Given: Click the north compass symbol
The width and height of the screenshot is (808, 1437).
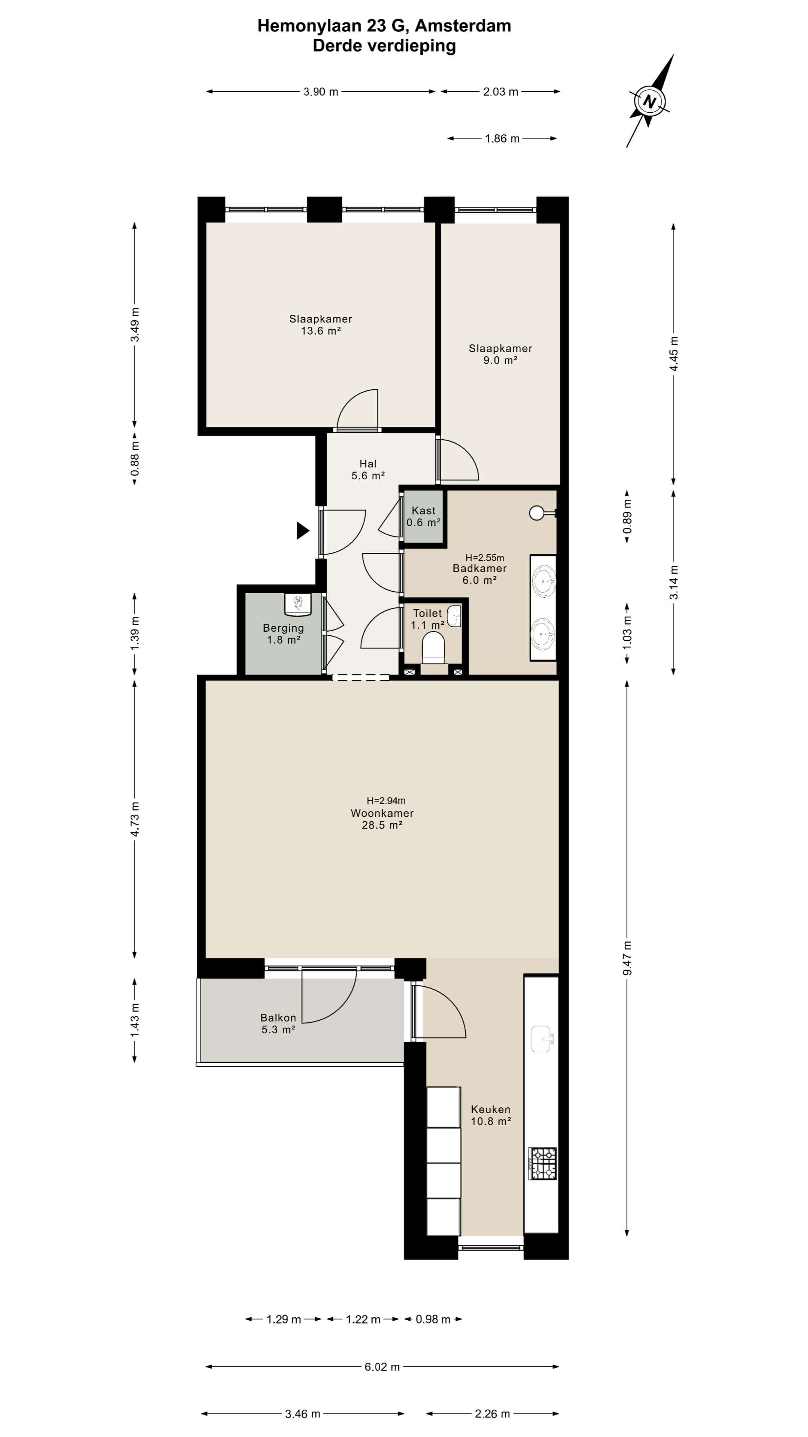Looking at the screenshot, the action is coord(650,101).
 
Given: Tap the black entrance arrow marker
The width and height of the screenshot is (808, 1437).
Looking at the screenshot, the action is coord(302,531).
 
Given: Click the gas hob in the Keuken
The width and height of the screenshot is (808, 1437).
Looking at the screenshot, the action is coord(542,1163).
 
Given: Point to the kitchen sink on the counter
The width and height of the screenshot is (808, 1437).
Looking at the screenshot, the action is coord(541,1039).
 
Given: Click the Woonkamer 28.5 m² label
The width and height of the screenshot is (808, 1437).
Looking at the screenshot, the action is coord(382,819).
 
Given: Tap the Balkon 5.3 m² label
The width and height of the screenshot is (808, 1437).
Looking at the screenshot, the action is coord(278,1023).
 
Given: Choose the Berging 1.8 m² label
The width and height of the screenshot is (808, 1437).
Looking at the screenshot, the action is coord(283,634).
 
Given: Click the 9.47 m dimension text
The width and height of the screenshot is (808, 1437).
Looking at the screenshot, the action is coord(627,958).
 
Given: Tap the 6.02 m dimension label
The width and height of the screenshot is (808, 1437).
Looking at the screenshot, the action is coord(382,1367).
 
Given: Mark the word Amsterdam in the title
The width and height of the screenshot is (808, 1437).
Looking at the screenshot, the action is coord(463,26).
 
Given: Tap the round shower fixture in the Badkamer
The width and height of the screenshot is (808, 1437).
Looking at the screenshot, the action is coord(538,513).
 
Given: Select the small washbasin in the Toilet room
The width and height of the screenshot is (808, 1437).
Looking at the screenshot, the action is coord(454,616).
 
